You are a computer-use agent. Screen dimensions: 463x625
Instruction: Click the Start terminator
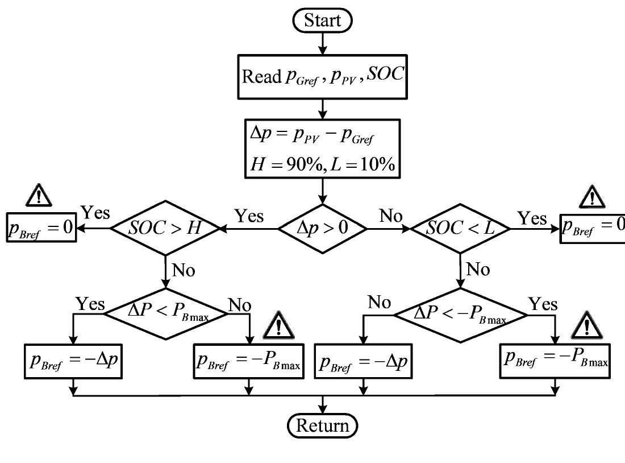pyautogui.click(x=323, y=20)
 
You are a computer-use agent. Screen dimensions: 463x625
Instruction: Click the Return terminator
pyautogui.click(x=323, y=425)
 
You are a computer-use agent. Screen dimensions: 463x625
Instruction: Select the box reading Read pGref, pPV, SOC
pyautogui.click(x=323, y=77)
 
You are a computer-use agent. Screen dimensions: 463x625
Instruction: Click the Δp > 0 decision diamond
pyautogui.click(x=323, y=229)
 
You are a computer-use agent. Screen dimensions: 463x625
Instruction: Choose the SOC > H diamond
pyautogui.click(x=165, y=229)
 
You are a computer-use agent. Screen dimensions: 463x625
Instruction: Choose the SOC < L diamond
pyautogui.click(x=460, y=229)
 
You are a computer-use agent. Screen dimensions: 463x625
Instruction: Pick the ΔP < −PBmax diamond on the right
pyautogui.click(x=461, y=312)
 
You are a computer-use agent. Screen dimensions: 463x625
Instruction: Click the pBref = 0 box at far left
pyautogui.click(x=41, y=227)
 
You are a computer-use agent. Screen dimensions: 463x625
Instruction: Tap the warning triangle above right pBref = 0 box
pyautogui.click(x=593, y=196)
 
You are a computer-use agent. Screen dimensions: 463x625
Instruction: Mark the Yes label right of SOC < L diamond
pyautogui.click(x=532, y=218)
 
